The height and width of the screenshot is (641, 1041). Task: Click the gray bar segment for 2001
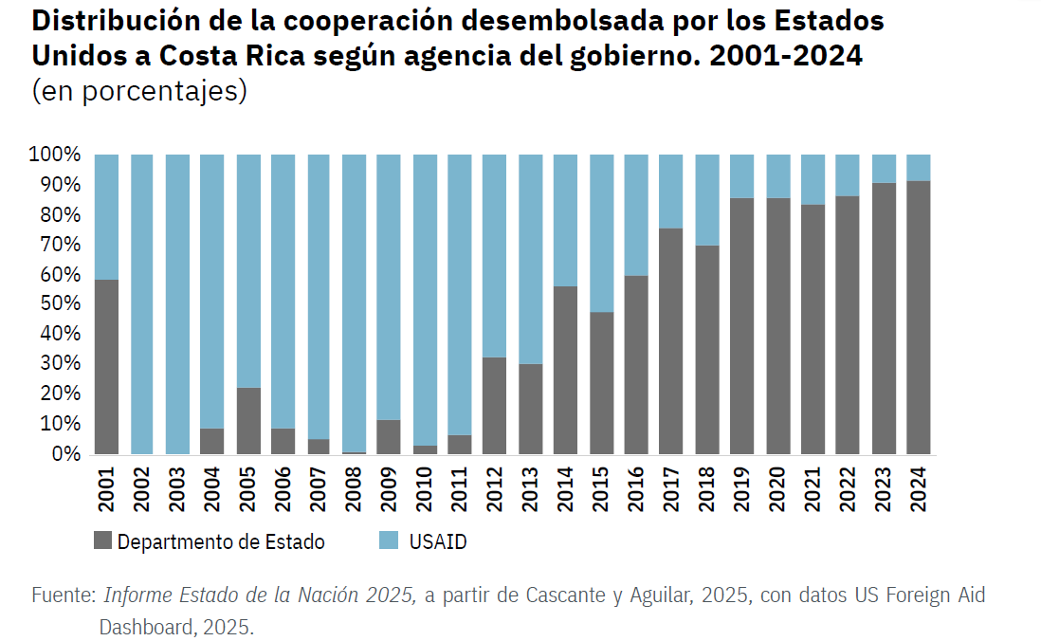coord(106,367)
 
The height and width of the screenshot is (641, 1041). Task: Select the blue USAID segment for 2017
coord(671,191)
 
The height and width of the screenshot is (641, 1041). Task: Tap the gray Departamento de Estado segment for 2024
coord(918,318)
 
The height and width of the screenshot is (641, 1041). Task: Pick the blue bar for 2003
coord(177,303)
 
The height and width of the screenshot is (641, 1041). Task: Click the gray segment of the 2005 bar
coord(247,421)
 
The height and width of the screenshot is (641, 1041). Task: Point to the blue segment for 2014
coord(565,220)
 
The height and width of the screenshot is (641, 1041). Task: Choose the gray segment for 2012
coord(495,406)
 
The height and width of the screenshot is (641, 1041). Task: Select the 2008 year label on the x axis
coord(354,486)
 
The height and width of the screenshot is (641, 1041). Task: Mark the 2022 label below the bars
coord(848,486)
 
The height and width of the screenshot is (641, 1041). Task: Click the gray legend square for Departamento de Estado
coord(102,541)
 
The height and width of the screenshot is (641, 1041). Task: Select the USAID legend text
coord(438,541)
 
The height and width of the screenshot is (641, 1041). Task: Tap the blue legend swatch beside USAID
coord(387,541)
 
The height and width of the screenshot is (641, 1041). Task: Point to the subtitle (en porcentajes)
coord(139,92)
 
